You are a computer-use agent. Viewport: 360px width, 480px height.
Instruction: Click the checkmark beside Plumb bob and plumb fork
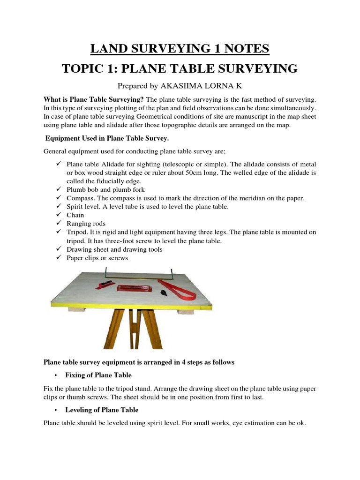coord(59,190)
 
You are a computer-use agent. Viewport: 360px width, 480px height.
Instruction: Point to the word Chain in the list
coord(75,215)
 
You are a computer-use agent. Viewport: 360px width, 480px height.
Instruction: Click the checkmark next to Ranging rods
coord(59,224)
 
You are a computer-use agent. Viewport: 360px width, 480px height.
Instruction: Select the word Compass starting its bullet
coord(80,198)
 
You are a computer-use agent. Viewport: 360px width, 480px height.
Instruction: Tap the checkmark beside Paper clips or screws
coord(59,258)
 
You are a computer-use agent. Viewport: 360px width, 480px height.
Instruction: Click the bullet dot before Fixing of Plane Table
coord(56,375)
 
